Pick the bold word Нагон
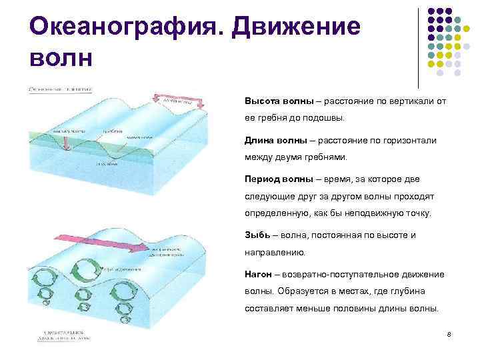(x=260, y=275)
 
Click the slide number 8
(x=449, y=333)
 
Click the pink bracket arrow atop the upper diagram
(x=179, y=98)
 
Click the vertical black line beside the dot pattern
(x=418, y=47)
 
